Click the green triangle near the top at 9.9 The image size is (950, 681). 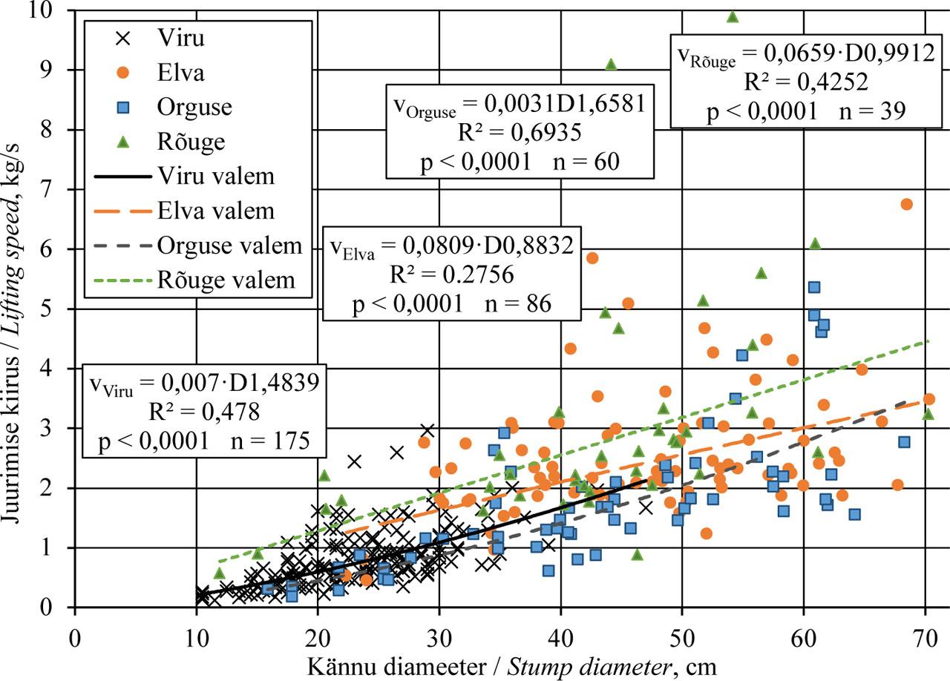[733, 16]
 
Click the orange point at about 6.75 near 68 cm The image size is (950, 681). [906, 204]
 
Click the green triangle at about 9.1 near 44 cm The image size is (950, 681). [611, 65]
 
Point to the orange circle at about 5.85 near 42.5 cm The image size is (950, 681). [592, 257]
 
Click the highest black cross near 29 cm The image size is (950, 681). [427, 430]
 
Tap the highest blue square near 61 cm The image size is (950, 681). [813, 287]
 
